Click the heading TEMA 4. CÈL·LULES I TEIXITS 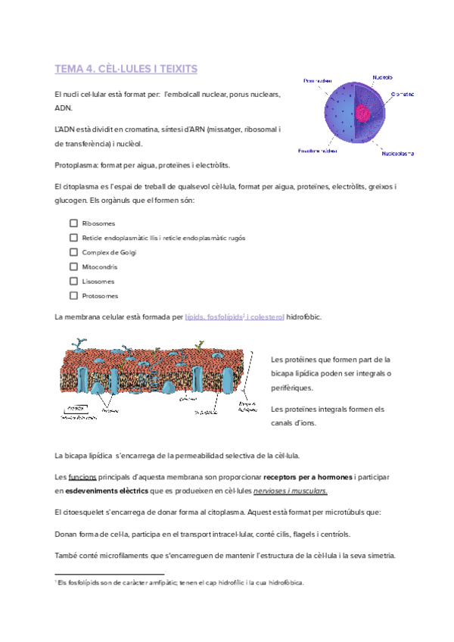point(126,69)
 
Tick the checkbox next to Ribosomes point(73,223)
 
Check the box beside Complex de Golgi point(73,252)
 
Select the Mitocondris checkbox point(73,266)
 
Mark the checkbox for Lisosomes point(73,281)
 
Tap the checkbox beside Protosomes point(73,295)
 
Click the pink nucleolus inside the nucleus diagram point(364,114)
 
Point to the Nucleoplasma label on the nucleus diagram point(397,154)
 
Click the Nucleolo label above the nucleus point(382,76)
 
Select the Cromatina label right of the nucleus point(402,95)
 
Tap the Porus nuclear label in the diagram point(318,80)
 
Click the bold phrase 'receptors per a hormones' point(307,478)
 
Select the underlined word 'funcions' point(82,478)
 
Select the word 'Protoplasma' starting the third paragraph point(76,164)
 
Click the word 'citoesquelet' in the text point(85,513)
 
